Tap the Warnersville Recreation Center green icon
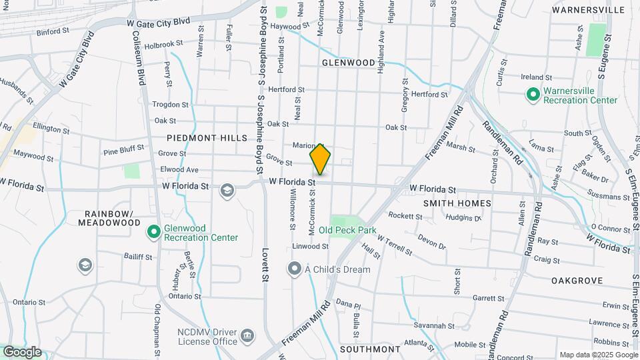533,95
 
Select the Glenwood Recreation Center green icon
153,232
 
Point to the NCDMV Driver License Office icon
247,335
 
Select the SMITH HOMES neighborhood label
457,203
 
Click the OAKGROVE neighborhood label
577,281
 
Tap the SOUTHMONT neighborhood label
370,349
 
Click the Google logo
22,352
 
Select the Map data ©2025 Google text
598,355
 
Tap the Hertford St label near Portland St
286,89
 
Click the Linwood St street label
311,246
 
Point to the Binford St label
53,31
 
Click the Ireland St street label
537,78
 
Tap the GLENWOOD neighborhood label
348,63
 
